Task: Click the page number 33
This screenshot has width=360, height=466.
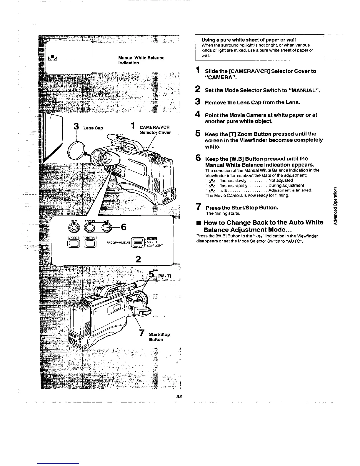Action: tap(180, 396)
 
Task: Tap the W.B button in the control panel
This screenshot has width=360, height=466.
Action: tap(106, 227)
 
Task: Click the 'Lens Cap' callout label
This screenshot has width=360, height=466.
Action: tap(93, 128)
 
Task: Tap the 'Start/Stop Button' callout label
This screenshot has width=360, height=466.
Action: tap(159, 337)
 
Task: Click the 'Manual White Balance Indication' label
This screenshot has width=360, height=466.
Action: tap(141, 60)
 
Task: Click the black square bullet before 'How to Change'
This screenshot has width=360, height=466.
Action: tap(198, 223)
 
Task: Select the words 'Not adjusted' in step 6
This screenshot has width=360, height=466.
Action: tap(281, 180)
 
